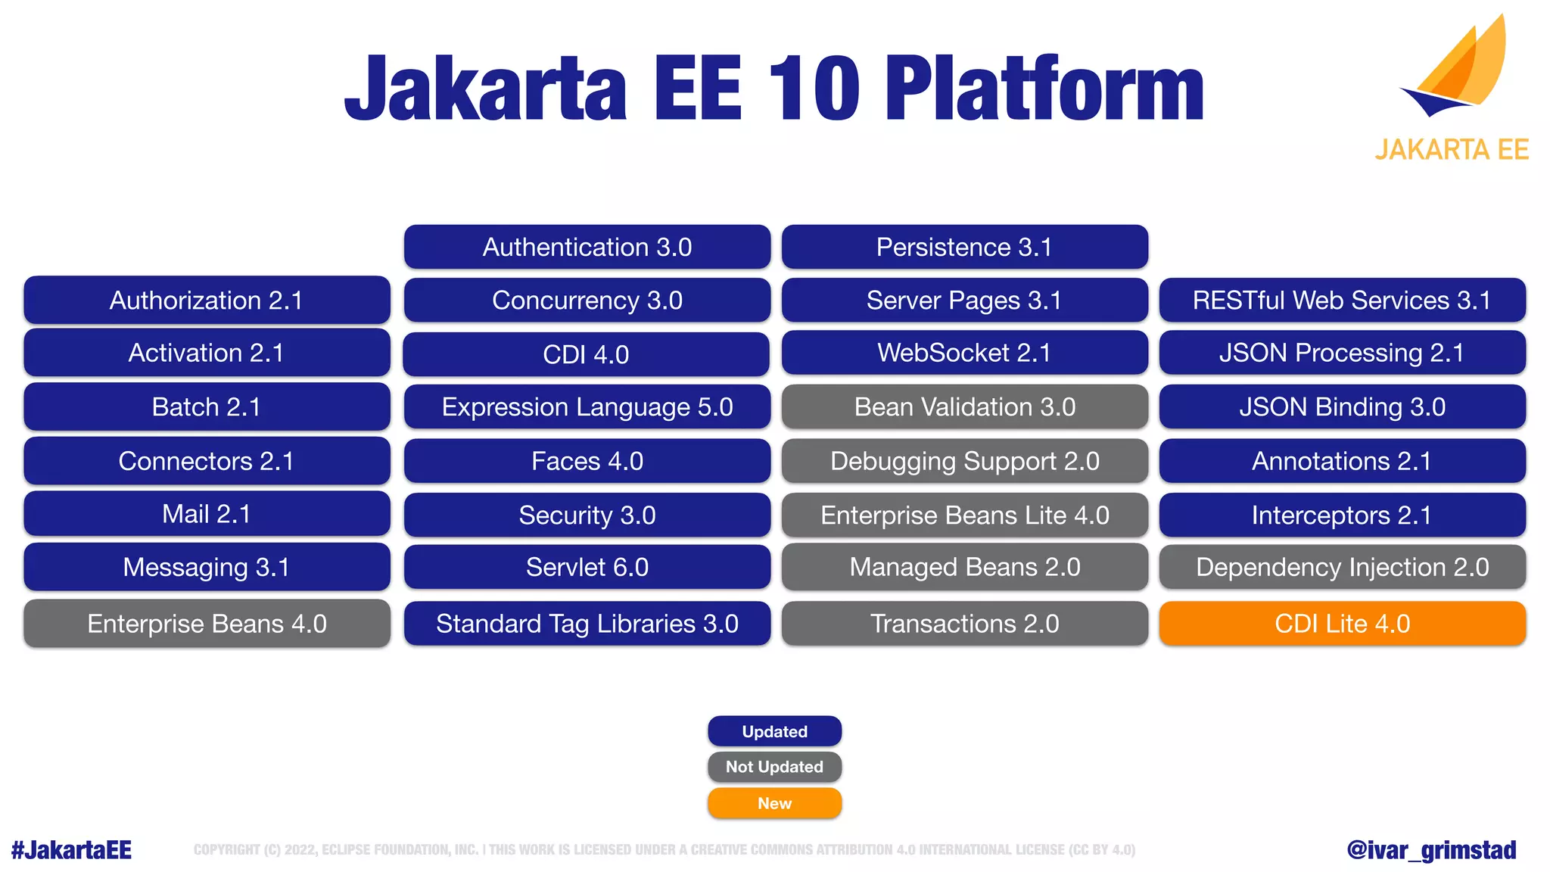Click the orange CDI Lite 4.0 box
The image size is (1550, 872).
click(1342, 624)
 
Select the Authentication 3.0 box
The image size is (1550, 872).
click(587, 247)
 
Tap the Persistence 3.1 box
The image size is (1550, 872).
click(964, 247)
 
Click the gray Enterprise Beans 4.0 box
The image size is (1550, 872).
click(207, 624)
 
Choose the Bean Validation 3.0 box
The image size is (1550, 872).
click(964, 407)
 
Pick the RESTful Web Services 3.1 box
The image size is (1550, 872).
click(1342, 301)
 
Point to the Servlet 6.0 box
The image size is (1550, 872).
click(587, 567)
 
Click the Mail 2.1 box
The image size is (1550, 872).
click(207, 514)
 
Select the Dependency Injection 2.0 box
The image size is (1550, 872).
click(1342, 567)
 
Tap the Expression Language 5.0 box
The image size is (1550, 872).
click(587, 407)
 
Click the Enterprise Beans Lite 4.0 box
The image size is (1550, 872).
click(964, 515)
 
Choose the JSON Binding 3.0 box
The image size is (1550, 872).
click(1342, 407)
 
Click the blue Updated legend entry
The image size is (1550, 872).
click(774, 731)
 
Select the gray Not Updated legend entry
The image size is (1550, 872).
click(774, 767)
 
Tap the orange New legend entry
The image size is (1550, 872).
click(774, 803)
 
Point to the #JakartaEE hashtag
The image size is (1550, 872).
click(71, 850)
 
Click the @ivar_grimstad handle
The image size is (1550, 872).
click(1431, 850)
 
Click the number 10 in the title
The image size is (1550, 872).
click(814, 89)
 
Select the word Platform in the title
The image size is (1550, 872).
click(1044, 89)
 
